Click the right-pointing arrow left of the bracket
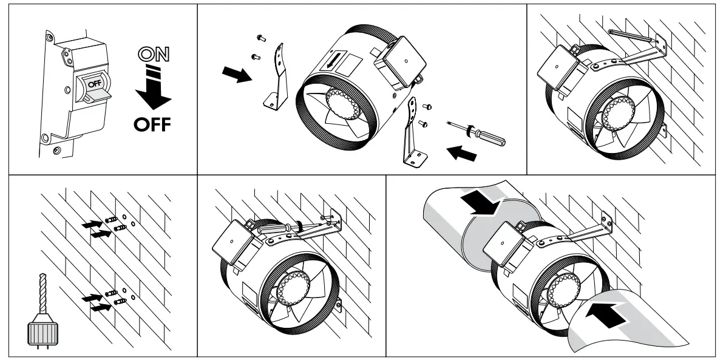pyautogui.click(x=236, y=75)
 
